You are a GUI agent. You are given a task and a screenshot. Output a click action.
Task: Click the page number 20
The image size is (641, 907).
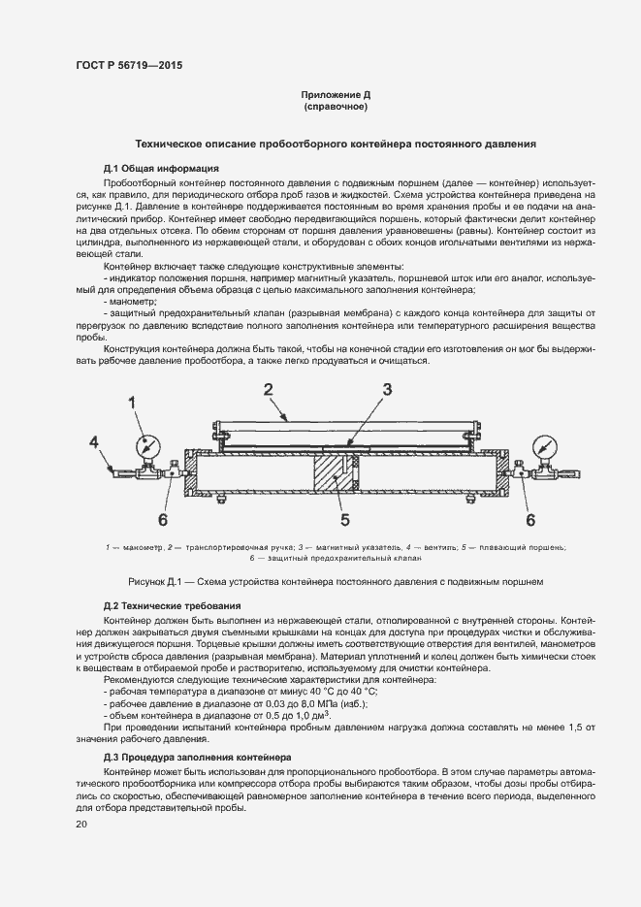tap(81, 825)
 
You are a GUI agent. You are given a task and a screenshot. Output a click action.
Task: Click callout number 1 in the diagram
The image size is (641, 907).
tap(135, 401)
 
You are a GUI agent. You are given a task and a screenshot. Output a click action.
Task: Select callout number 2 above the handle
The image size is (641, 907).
tap(270, 389)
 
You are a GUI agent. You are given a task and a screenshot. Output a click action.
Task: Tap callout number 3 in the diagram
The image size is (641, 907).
tap(386, 390)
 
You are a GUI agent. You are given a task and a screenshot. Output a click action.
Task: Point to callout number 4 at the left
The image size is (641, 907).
tap(95, 443)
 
